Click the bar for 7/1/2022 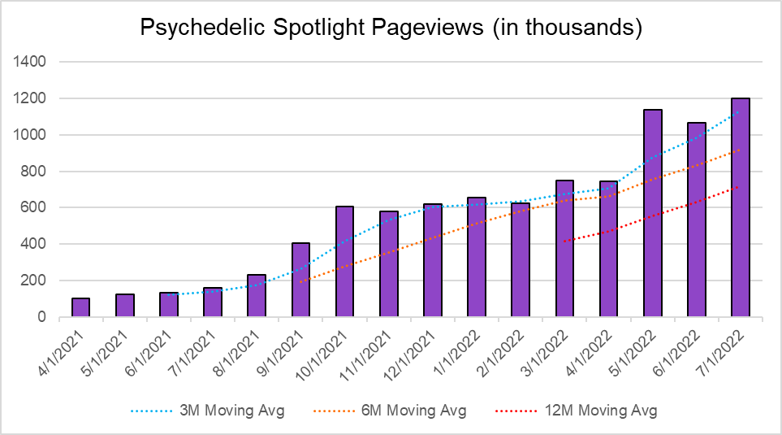740,207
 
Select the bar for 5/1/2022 652,213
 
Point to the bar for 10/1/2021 344,262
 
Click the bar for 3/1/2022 564,249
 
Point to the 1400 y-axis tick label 31,62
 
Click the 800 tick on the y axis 34,172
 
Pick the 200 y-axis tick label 34,281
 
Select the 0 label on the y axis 41,317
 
